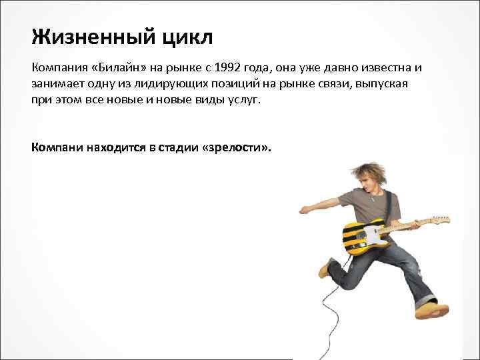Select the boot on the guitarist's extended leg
pos(433,310)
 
